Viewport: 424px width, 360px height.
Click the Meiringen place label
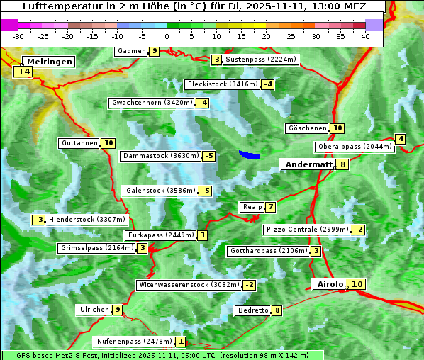[x=44, y=62]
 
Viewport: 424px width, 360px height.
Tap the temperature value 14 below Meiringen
[x=23, y=72]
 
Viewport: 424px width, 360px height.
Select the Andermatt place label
[x=308, y=164]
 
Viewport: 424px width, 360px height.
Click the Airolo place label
[x=330, y=284]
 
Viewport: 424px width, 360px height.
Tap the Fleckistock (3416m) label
[x=222, y=85]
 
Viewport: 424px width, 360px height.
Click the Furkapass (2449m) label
[x=160, y=235]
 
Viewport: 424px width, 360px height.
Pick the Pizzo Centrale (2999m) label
[x=307, y=230]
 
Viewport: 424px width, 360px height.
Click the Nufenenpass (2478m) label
[x=134, y=342]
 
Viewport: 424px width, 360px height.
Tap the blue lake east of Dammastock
[x=250, y=154]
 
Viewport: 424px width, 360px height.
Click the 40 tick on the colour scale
[x=365, y=36]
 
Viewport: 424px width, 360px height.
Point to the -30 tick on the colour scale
[x=18, y=36]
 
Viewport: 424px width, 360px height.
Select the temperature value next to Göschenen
[x=337, y=128]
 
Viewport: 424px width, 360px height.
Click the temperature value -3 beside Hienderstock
[x=39, y=220]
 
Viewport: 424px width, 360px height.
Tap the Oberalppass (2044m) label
[x=355, y=147]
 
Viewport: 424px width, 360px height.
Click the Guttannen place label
[x=79, y=143]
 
